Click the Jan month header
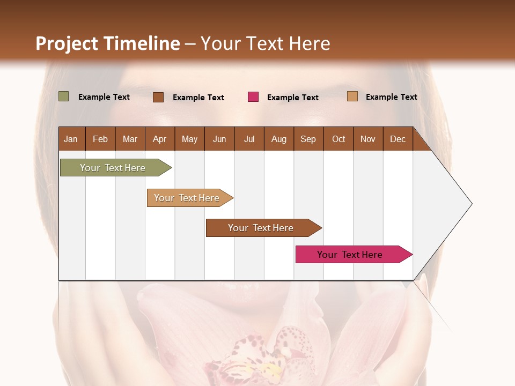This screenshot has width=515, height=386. pyautogui.click(x=71, y=139)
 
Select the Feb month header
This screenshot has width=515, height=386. pyautogui.click(x=100, y=139)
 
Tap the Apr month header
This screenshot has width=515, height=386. pyautogui.click(x=159, y=139)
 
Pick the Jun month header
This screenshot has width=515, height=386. pyautogui.click(x=219, y=139)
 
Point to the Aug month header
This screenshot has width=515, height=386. pyautogui.click(x=278, y=139)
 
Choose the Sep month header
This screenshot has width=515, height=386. pyautogui.click(x=308, y=139)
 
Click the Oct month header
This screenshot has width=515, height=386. pyautogui.click(x=339, y=139)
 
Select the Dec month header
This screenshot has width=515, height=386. pyautogui.click(x=398, y=139)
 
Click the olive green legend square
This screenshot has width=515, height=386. pyautogui.click(x=63, y=96)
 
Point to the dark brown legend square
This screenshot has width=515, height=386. pyautogui.click(x=158, y=97)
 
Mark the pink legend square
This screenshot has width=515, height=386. pyautogui.click(x=253, y=97)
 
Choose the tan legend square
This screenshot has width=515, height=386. pyautogui.click(x=352, y=96)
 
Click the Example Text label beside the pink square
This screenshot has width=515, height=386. pyautogui.click(x=292, y=98)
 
